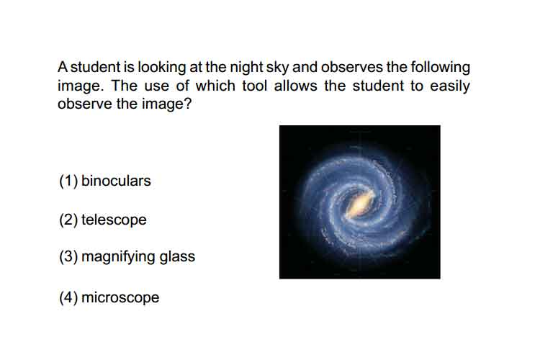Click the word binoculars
[x=116, y=181]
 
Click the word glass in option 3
[x=177, y=257]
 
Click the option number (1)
[x=68, y=181]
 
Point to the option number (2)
[x=68, y=220]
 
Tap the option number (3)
[x=68, y=257]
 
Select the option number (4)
[x=68, y=297]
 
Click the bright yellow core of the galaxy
[x=360, y=204]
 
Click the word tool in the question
[x=254, y=86]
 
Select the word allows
[x=295, y=86]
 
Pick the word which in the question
[x=215, y=86]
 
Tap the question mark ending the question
[x=188, y=104]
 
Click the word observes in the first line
[x=352, y=68]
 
